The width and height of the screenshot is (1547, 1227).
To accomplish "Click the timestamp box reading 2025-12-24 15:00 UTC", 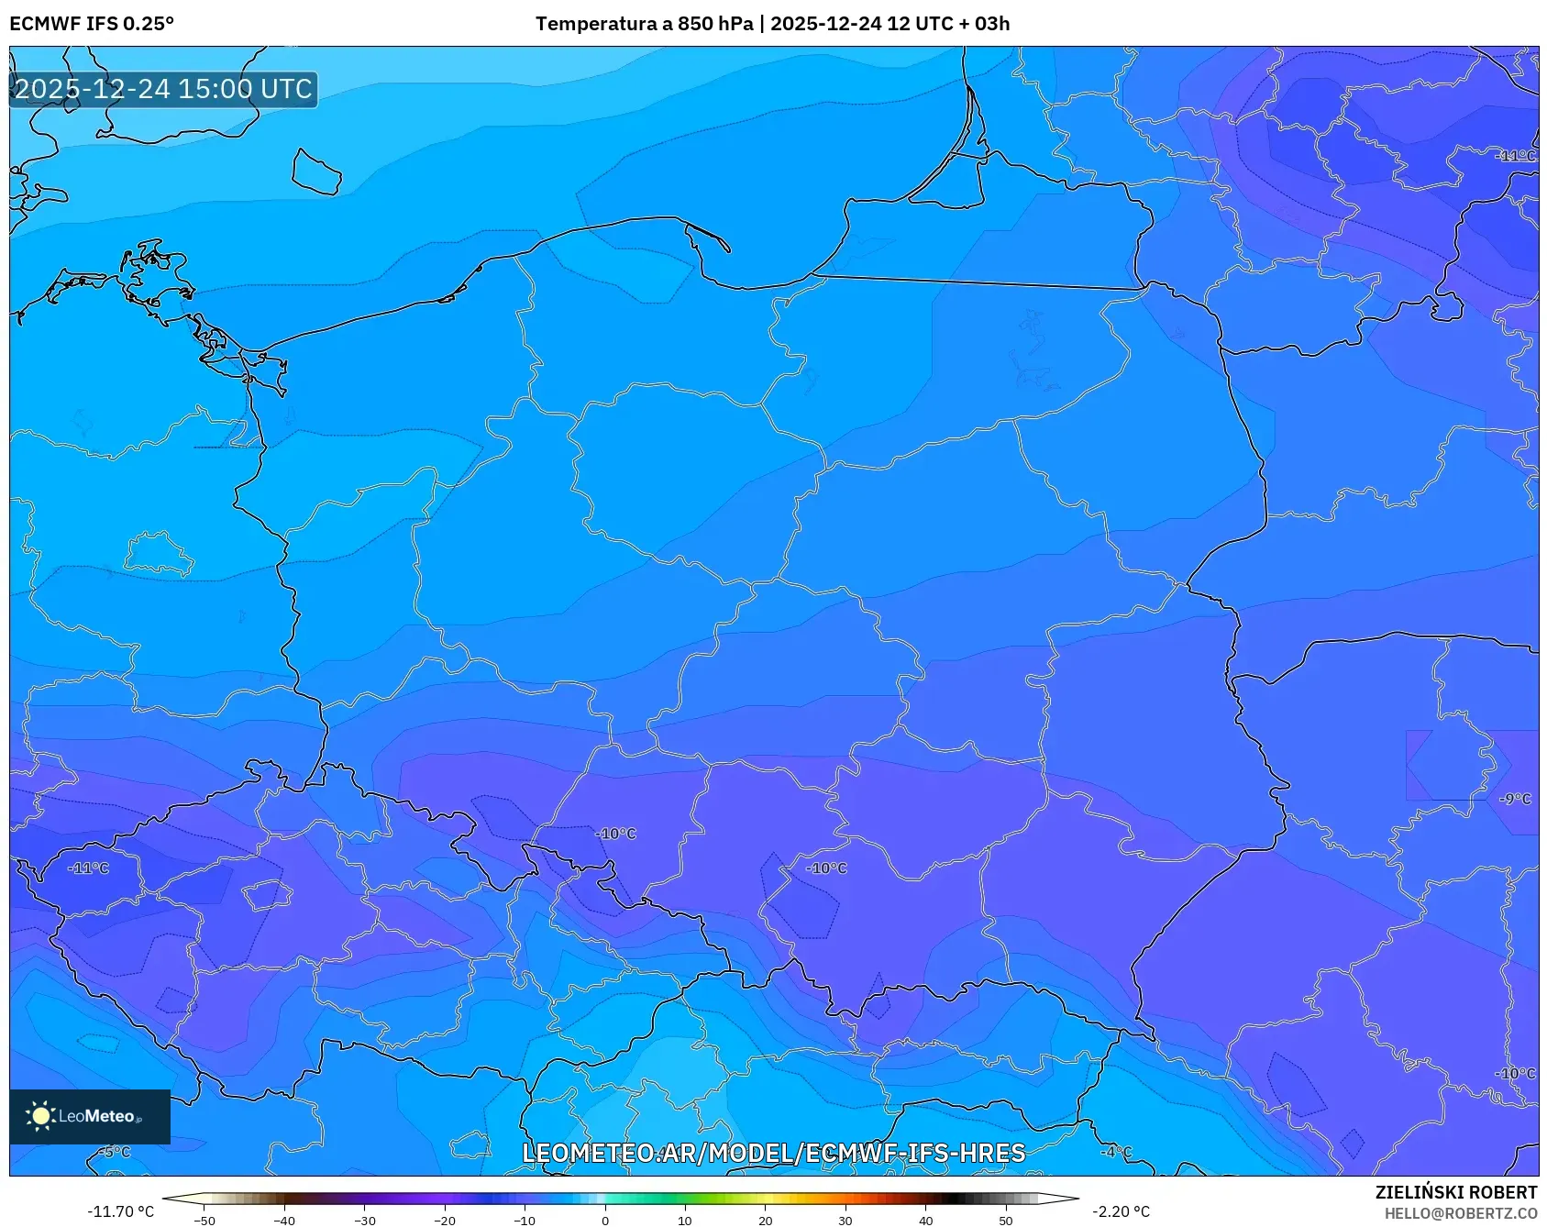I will point(163,89).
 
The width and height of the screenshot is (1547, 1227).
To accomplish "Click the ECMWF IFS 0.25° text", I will point(92,24).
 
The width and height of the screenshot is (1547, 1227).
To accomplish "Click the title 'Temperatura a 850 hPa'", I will point(644,24).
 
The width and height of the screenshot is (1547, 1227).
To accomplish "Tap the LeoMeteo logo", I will point(89,1116).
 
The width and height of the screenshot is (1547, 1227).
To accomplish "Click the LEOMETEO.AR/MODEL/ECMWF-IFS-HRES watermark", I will point(773,1153).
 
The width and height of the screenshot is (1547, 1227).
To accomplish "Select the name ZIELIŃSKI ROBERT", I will point(1455,1192).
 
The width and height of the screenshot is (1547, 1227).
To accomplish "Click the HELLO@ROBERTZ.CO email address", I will point(1460,1213).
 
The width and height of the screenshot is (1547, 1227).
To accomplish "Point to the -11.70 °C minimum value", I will point(120,1211).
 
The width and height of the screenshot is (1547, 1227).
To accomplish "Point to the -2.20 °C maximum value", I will point(1121,1211).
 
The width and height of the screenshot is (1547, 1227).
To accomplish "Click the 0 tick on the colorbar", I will point(604,1220).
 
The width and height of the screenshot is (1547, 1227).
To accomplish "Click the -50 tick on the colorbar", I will point(204,1220).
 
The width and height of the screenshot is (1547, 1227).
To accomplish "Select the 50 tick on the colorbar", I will point(1006,1220).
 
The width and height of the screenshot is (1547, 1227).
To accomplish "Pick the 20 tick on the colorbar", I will point(765,1220).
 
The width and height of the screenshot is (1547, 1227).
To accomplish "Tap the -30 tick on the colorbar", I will point(365,1220).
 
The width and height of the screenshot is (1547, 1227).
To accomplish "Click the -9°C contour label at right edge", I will point(1515,799).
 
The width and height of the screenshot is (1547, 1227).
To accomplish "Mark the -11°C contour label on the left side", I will point(89,868).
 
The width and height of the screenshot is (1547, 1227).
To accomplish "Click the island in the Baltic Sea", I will point(316,172).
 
